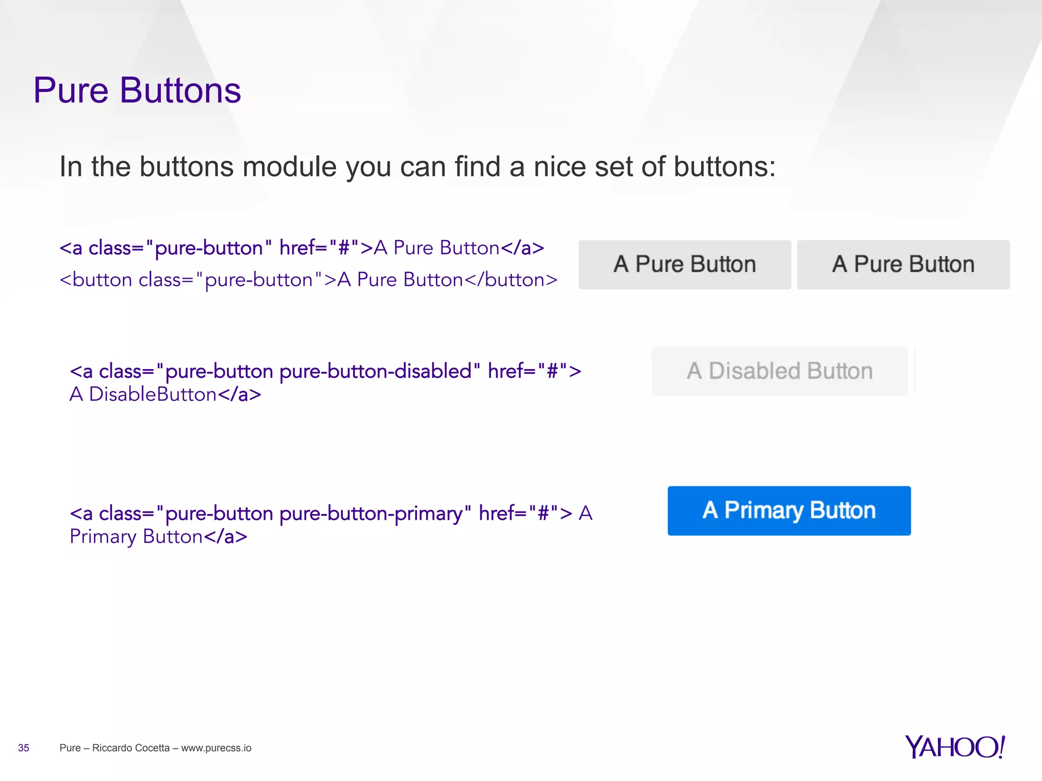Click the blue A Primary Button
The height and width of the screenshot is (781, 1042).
[789, 510]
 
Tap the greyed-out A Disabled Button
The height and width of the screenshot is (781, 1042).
[779, 371]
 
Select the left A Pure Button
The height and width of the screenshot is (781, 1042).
[684, 264]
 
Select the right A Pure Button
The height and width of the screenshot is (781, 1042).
[903, 264]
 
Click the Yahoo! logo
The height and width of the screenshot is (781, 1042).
[954, 747]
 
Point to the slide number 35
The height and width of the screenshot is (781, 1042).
[23, 748]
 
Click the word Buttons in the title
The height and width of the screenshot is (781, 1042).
[180, 91]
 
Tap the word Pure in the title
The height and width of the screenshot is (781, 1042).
[71, 91]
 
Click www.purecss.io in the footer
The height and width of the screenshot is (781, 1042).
[216, 748]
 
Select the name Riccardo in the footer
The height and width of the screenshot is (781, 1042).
[114, 748]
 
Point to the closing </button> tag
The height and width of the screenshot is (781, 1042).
[511, 280]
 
